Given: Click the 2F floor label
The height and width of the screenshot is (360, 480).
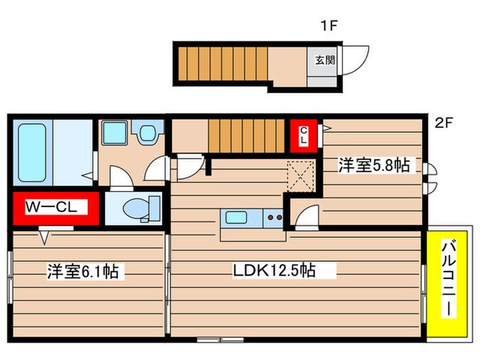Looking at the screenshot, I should [x=444, y=124].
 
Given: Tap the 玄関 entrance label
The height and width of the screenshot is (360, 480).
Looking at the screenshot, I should [x=325, y=60].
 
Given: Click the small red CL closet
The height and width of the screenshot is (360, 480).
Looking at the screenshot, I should [x=302, y=134].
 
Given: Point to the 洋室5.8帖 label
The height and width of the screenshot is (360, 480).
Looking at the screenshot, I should [x=374, y=165].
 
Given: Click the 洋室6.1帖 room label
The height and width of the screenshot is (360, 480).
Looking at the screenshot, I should [x=82, y=272].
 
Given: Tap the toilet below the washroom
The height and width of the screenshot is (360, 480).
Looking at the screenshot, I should [x=141, y=208].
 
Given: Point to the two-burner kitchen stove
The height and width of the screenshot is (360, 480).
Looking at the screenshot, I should [x=274, y=219].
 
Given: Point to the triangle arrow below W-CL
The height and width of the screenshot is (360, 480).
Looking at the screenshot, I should [x=45, y=238].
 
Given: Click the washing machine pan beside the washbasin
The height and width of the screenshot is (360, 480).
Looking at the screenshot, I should [x=114, y=134].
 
